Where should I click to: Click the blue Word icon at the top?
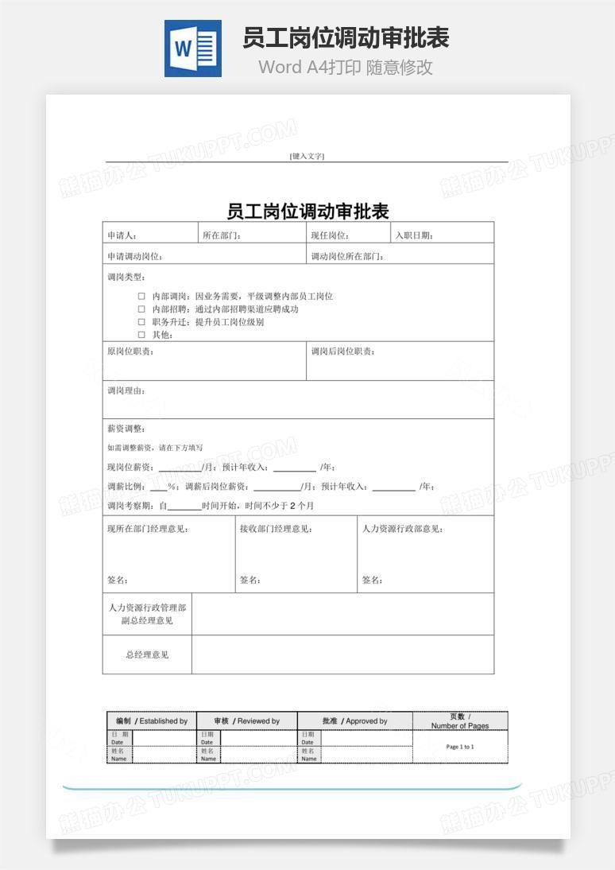(x=192, y=49)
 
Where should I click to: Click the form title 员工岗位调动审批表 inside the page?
(x=307, y=212)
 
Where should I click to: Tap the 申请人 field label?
(x=122, y=235)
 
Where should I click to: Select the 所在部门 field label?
(x=222, y=235)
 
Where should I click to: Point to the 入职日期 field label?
(x=414, y=235)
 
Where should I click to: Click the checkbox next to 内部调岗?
(x=141, y=296)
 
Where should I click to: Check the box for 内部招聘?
(x=141, y=309)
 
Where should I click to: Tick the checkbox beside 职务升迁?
(x=141, y=322)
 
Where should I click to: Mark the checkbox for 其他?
(x=141, y=335)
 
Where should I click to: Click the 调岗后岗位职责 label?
(x=342, y=351)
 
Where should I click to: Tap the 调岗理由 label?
(x=126, y=390)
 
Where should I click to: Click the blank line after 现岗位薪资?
(x=180, y=468)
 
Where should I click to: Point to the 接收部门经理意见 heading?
(x=276, y=529)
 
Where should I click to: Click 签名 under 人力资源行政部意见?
(x=372, y=580)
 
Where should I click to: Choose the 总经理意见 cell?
(x=147, y=654)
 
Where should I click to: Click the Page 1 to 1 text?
(x=460, y=747)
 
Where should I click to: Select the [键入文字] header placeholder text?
(x=307, y=156)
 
